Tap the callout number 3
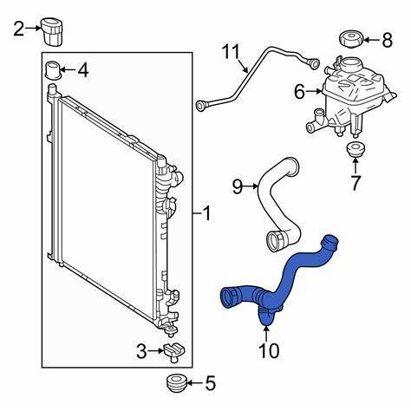click(141, 350)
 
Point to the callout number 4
click(83, 69)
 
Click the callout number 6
click(299, 89)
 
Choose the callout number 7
click(355, 184)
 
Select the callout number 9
click(236, 184)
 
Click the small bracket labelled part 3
click(173, 350)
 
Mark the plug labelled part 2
click(55, 31)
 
